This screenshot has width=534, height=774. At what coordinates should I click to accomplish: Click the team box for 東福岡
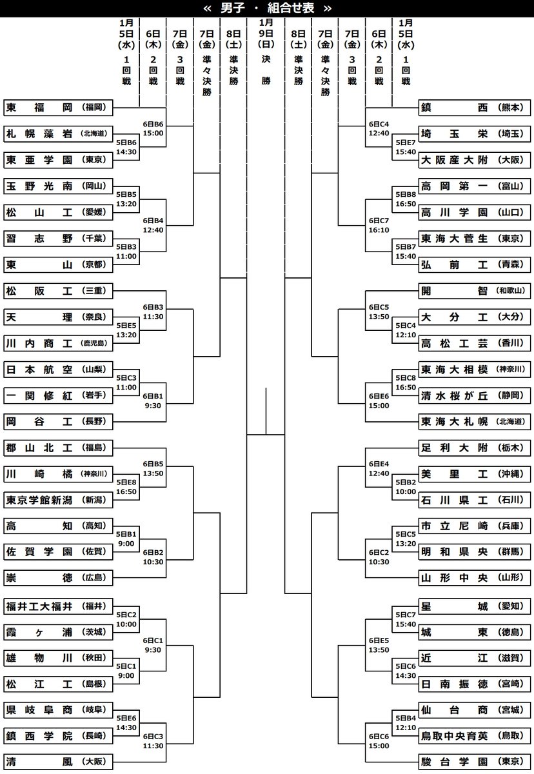pos(58,107)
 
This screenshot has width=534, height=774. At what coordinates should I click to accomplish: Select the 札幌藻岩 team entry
pos(58,134)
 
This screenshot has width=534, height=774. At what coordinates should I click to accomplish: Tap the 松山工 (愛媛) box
pos(58,212)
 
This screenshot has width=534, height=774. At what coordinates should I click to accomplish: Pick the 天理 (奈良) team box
pos(58,317)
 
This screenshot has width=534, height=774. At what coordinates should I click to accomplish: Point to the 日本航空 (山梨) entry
pos(58,370)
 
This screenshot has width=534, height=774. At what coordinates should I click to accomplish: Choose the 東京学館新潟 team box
pos(58,500)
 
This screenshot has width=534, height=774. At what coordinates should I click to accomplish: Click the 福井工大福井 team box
pos(58,605)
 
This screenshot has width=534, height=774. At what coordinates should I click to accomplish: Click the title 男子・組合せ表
pos(267,8)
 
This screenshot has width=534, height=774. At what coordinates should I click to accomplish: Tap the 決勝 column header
pos(266,58)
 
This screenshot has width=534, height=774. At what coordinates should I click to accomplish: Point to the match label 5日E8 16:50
pos(126,486)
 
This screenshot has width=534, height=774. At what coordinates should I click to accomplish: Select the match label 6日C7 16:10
pos(379,226)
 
